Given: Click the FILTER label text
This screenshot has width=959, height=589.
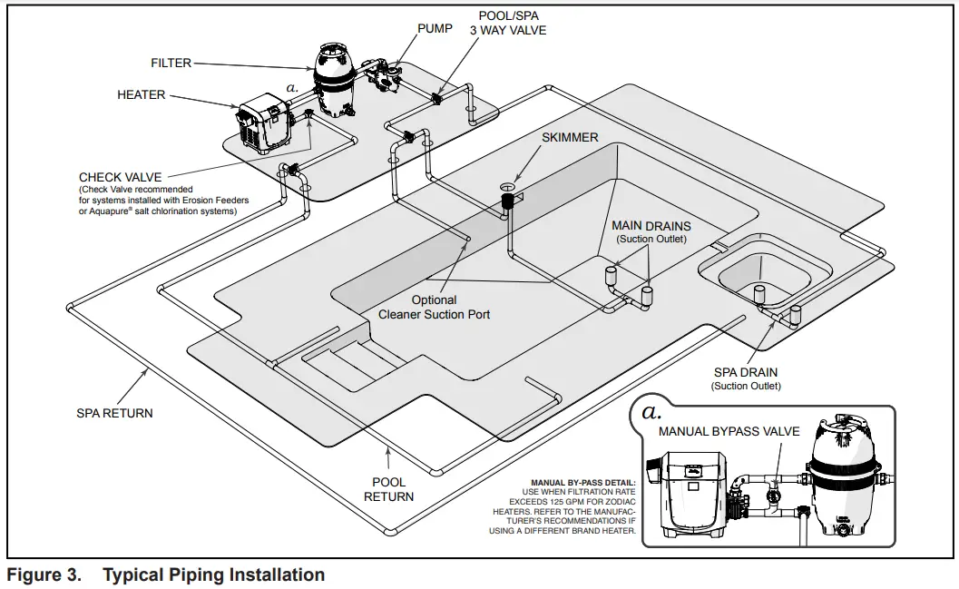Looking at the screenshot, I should [x=171, y=64].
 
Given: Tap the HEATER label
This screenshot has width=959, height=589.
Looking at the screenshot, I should [x=142, y=94].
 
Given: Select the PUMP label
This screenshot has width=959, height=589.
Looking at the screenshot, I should [x=435, y=28].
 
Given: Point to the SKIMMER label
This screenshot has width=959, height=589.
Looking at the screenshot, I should [x=570, y=137].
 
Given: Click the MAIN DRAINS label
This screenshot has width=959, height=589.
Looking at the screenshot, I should [x=651, y=225].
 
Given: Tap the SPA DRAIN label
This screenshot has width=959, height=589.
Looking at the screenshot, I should [x=745, y=372].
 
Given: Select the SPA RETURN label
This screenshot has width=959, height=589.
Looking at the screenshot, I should [x=114, y=413].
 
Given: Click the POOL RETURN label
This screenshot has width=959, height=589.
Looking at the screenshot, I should [x=388, y=489].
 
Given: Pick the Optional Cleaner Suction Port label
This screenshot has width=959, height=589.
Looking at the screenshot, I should [x=434, y=307].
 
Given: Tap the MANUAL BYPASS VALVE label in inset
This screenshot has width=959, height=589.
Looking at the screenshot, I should [x=729, y=431].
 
